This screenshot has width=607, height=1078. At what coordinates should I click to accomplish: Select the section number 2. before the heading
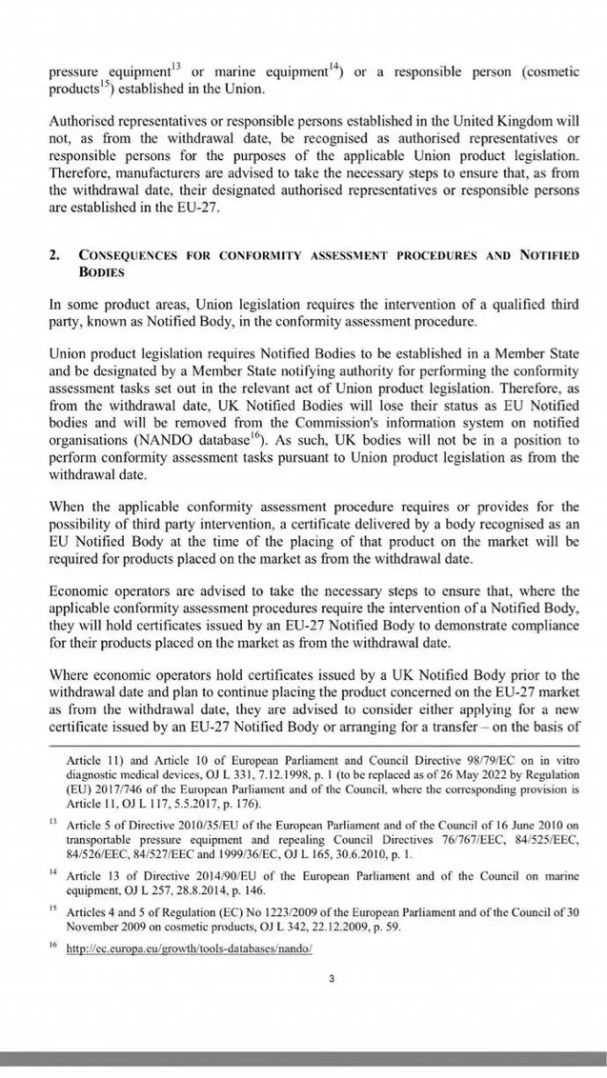tap(55, 255)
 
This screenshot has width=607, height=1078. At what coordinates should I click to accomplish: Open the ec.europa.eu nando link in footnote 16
tap(190, 950)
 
